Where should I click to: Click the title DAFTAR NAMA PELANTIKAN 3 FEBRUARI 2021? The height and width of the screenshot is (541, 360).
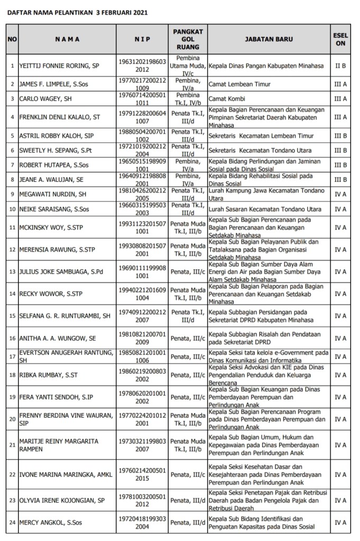tap(77, 11)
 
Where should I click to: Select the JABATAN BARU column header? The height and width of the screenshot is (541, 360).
tap(269, 39)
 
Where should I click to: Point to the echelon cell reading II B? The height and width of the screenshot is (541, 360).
tap(340, 67)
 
